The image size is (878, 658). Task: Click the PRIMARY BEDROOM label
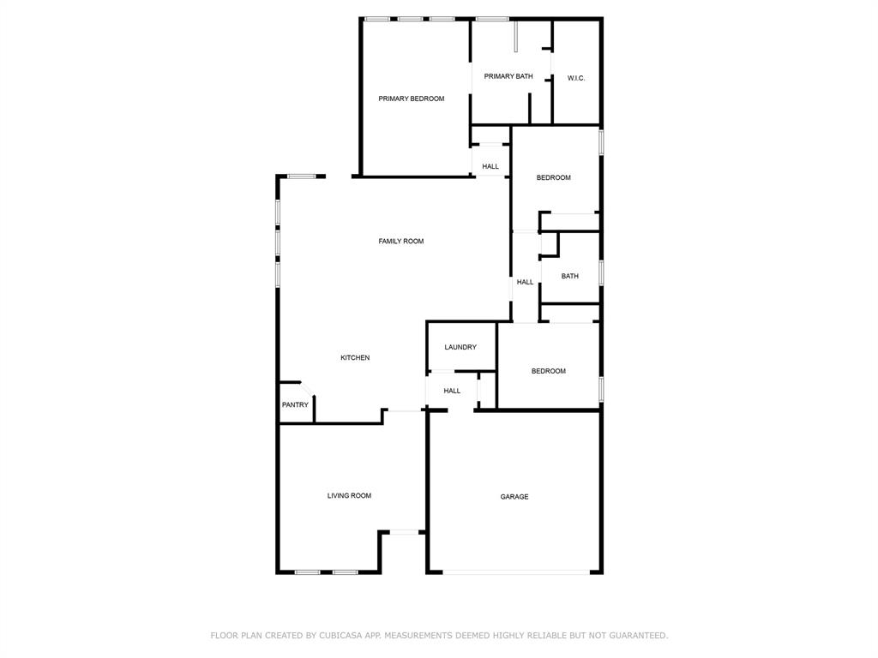412,99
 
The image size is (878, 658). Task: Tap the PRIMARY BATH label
508,76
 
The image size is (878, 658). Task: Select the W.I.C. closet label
576,78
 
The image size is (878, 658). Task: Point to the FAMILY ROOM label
401,242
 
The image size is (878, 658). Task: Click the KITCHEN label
355,357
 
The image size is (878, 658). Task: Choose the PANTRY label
295,405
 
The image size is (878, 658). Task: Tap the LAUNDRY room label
460,347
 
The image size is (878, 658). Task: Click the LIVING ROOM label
349,495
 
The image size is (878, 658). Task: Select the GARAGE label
514,497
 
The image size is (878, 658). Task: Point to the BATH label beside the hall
570,276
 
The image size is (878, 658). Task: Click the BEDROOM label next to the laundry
549,371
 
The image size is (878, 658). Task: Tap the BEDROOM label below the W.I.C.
554,177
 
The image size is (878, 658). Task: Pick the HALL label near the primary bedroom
490,166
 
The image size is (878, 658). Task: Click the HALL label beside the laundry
452,391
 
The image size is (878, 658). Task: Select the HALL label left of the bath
526,282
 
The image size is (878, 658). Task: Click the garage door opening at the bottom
516,571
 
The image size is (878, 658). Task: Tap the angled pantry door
306,390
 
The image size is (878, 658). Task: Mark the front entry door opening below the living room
405,532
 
